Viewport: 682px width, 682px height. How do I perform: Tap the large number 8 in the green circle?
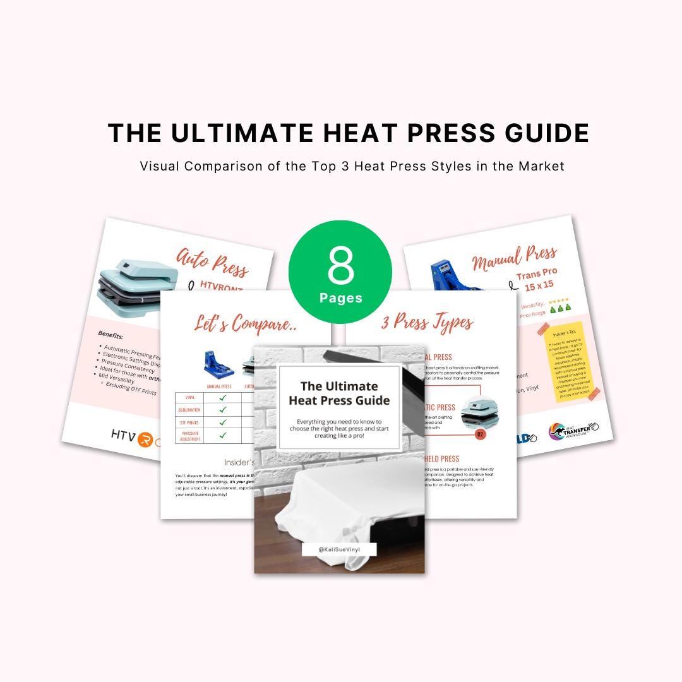coord(341,266)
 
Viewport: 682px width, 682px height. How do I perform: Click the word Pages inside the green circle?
coord(340,297)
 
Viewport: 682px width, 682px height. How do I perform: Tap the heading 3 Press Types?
coord(426,323)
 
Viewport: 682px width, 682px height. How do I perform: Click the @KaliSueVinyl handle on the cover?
coord(339,550)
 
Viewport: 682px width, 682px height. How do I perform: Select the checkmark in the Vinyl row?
coord(222,397)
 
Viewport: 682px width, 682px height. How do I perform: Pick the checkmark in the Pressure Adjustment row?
coord(222,434)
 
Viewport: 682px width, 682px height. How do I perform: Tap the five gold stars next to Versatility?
coord(558,302)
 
